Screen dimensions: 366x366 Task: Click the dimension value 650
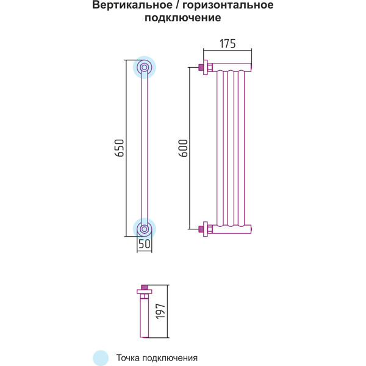120,148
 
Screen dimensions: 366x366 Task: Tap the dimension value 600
184,148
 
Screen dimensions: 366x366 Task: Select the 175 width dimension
228,44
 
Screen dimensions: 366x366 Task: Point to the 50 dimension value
145,244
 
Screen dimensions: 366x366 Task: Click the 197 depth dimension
160,311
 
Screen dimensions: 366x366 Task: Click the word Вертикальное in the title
132,5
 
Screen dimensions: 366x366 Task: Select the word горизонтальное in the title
228,5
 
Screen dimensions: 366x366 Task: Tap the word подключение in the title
183,18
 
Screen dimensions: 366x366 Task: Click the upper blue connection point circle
145,68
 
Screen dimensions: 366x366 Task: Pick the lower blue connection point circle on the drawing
145,229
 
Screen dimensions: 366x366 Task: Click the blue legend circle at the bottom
101,358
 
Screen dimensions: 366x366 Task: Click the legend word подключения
170,358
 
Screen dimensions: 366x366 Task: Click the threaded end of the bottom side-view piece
145,287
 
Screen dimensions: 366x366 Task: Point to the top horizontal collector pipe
232,66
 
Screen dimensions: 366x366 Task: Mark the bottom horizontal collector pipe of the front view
232,229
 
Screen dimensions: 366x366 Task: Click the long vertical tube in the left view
145,148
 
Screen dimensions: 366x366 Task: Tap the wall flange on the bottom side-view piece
145,292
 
